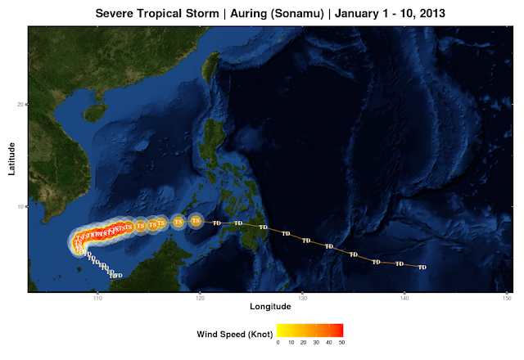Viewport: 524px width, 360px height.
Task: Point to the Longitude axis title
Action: pos(270,307)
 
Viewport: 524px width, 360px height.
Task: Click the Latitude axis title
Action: pos(12,157)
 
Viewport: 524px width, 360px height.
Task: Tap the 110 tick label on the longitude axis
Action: pos(97,296)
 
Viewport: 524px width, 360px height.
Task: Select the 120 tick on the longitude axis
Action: pos(200,296)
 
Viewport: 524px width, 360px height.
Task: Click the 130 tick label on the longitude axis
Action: pos(302,296)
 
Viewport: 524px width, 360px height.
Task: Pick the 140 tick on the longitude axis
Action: pos(404,296)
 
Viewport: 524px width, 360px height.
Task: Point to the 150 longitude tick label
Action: pos(507,296)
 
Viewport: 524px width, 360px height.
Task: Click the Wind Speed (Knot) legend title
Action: pos(235,334)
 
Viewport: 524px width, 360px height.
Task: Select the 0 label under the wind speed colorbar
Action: pos(278,343)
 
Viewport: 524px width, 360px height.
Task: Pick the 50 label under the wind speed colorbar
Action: pos(340,343)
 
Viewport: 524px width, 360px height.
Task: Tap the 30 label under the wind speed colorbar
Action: pos(315,343)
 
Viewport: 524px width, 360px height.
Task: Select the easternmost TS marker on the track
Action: pos(196,220)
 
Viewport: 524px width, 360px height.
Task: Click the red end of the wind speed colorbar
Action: pos(340,330)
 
